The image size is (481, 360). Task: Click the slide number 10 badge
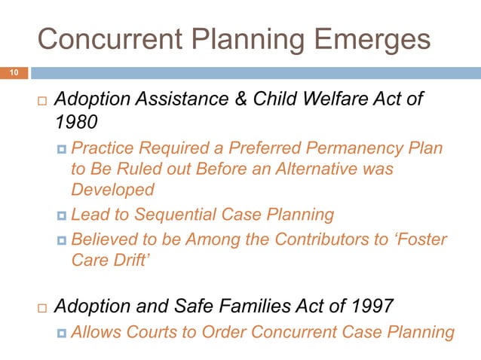14,73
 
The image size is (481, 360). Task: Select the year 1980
75,122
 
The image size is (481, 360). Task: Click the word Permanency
362,148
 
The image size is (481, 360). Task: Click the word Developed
112,190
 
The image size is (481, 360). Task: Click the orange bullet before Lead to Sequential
62,215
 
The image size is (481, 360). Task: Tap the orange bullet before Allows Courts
62,332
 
